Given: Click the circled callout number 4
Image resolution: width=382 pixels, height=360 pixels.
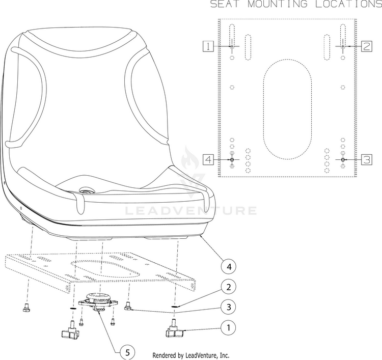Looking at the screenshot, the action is tap(229, 267).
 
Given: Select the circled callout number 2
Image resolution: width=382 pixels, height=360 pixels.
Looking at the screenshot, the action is tap(229, 287).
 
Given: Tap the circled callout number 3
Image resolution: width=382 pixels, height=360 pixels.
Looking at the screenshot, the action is tap(229, 307).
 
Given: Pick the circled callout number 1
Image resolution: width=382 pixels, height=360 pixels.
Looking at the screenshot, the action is tap(229, 327).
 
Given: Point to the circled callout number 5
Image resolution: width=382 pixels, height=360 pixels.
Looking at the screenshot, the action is tap(128, 352).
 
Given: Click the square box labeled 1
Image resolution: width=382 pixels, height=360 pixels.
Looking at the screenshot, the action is tap(208, 46).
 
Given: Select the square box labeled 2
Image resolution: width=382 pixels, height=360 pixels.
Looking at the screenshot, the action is tap(367, 46).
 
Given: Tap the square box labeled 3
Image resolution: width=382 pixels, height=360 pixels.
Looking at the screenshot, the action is tap(367, 159).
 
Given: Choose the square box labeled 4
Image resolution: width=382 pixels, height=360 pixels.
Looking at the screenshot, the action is tap(208, 159).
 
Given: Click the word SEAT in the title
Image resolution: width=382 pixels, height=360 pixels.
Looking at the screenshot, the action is tap(225, 4).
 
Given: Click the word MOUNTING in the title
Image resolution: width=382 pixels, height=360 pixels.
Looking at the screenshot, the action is tap(278, 4).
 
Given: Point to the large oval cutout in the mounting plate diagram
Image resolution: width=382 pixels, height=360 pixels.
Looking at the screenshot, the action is tap(287, 109).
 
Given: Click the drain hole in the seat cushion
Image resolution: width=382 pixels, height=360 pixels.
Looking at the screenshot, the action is tap(86, 190).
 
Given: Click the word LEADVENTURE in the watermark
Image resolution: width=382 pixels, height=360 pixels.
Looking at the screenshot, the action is tap(191, 211).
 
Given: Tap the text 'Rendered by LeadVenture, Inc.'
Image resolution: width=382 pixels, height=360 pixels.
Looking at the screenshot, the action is tap(191, 355).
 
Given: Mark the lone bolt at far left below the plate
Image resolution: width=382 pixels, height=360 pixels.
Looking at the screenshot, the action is tap(25, 308).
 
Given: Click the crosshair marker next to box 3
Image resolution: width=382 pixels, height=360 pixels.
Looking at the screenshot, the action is tap(343, 159).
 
